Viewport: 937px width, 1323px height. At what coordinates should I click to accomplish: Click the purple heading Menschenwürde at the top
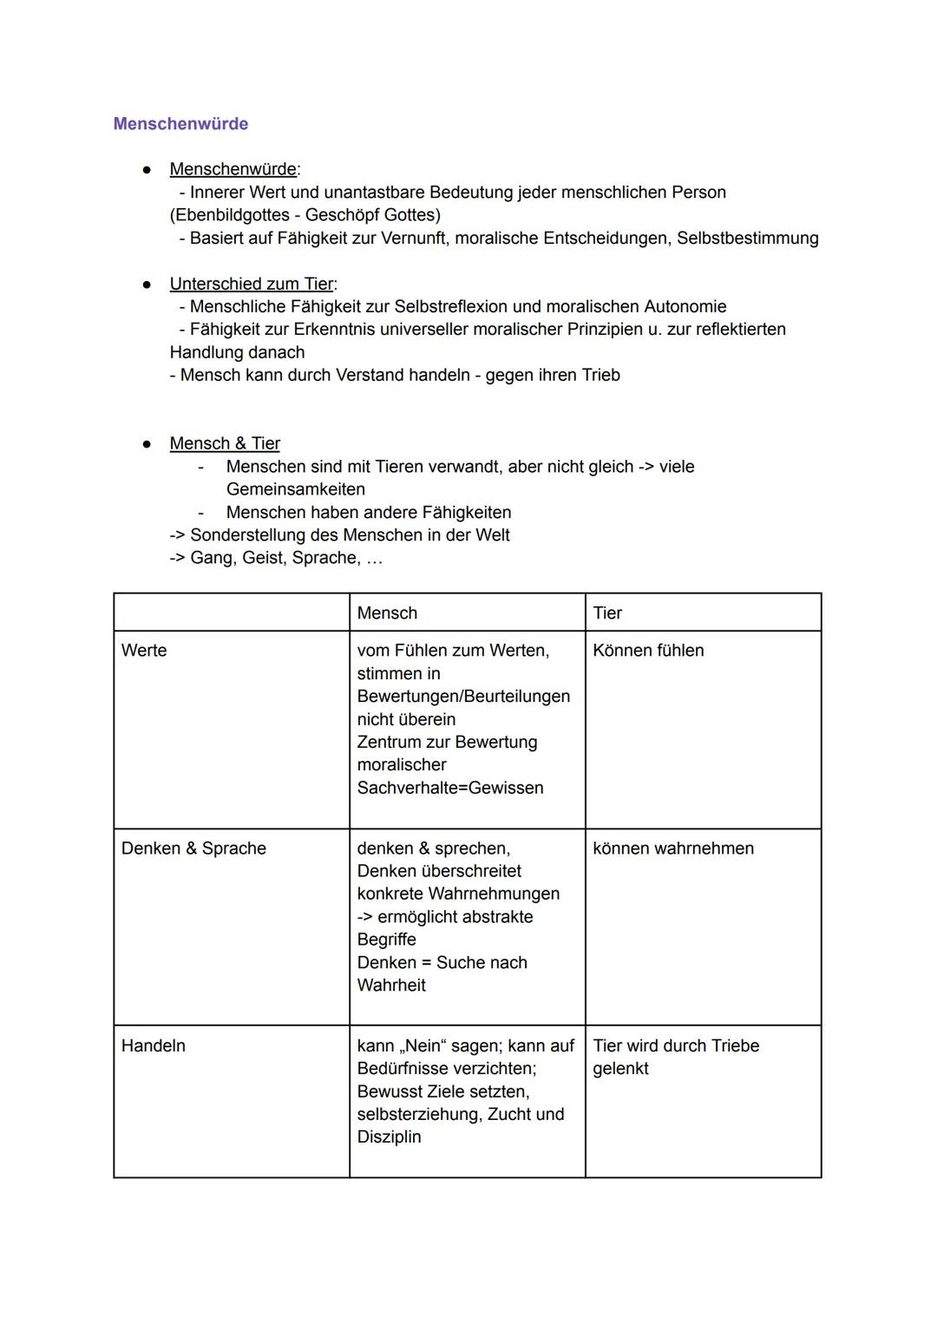tap(180, 124)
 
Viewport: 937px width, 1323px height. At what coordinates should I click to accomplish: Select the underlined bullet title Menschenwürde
tap(233, 169)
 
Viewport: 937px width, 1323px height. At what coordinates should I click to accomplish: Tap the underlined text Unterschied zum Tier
tap(252, 284)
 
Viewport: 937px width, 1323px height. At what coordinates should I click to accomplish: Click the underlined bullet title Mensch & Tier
tap(225, 443)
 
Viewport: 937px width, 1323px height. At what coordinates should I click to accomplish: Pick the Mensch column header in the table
tap(387, 613)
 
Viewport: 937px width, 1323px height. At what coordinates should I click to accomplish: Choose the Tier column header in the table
tap(607, 613)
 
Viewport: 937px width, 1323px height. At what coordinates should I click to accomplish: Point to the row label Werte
tap(144, 651)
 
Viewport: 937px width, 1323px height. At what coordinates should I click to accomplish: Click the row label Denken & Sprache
tap(193, 848)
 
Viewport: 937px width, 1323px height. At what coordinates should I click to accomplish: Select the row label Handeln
tap(154, 1045)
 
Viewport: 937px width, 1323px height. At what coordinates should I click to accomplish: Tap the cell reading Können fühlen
tap(648, 651)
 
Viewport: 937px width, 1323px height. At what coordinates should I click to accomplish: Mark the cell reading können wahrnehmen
tap(673, 848)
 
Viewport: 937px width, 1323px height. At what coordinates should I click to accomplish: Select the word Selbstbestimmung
tap(747, 238)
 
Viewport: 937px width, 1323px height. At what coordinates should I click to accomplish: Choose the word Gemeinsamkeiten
tap(295, 489)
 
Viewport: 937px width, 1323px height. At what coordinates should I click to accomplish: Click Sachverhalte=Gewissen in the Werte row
tap(450, 788)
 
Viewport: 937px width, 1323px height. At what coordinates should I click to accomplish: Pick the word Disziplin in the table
tap(389, 1136)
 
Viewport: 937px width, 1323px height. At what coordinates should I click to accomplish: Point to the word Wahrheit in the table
tap(391, 986)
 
